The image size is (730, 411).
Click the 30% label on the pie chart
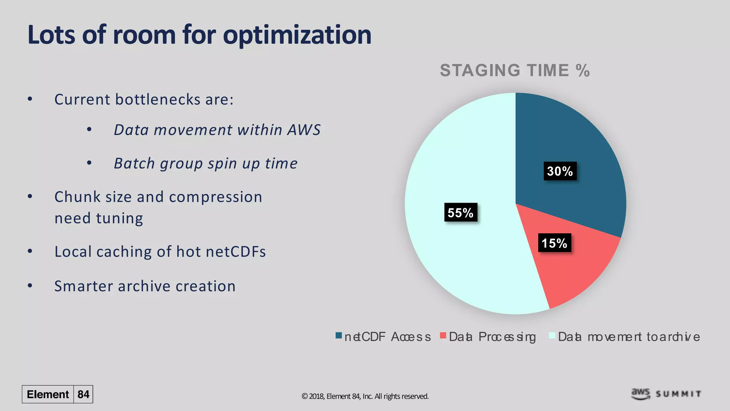560,171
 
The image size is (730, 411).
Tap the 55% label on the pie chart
460,213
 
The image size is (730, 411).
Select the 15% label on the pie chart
554,243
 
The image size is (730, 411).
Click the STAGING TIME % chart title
515,70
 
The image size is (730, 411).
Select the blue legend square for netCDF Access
339,336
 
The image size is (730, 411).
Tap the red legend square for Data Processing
443,336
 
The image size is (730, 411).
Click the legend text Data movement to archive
628,337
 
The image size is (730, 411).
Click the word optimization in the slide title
297,35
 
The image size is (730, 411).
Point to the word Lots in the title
51,35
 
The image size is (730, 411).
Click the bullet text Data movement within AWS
217,130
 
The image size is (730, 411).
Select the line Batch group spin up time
206,163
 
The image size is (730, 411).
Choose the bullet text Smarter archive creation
145,286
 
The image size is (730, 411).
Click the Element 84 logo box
57,394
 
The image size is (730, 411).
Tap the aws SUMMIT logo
665,394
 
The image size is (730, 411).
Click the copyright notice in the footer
365,396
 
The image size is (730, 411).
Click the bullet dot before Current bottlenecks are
30,100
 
